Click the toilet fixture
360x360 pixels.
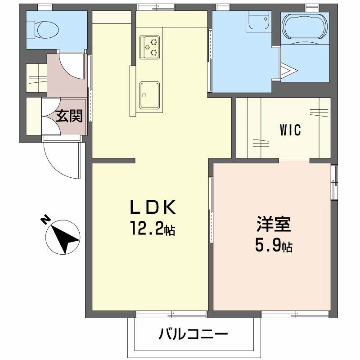pyautogui.click(x=45, y=30)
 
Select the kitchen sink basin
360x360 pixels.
pyautogui.click(x=150, y=95)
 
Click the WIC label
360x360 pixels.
pyautogui.click(x=290, y=131)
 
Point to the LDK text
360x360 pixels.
pyautogui.click(x=152, y=208)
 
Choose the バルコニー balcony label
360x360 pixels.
pyautogui.click(x=193, y=334)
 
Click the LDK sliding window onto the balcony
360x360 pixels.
pyautogui.click(x=171, y=314)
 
